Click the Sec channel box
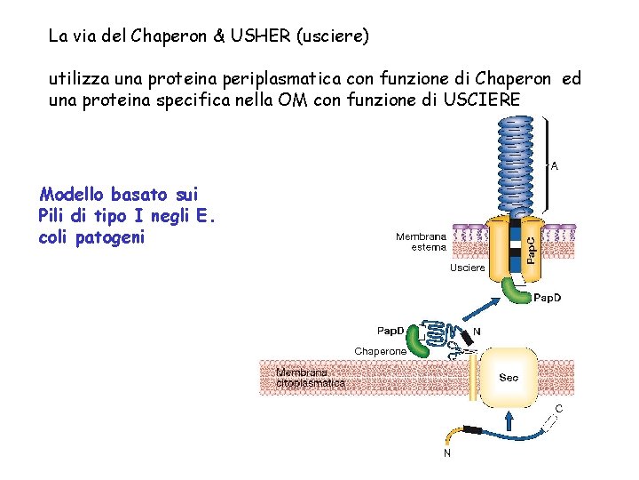[509, 378]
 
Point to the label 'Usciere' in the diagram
[468, 268]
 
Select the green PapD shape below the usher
[514, 291]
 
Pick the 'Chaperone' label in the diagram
[381, 352]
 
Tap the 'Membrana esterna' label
[422, 242]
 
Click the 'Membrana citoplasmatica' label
[311, 378]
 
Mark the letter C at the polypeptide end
[558, 408]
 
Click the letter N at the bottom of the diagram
[446, 452]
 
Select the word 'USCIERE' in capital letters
[485, 100]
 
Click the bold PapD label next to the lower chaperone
[391, 331]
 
